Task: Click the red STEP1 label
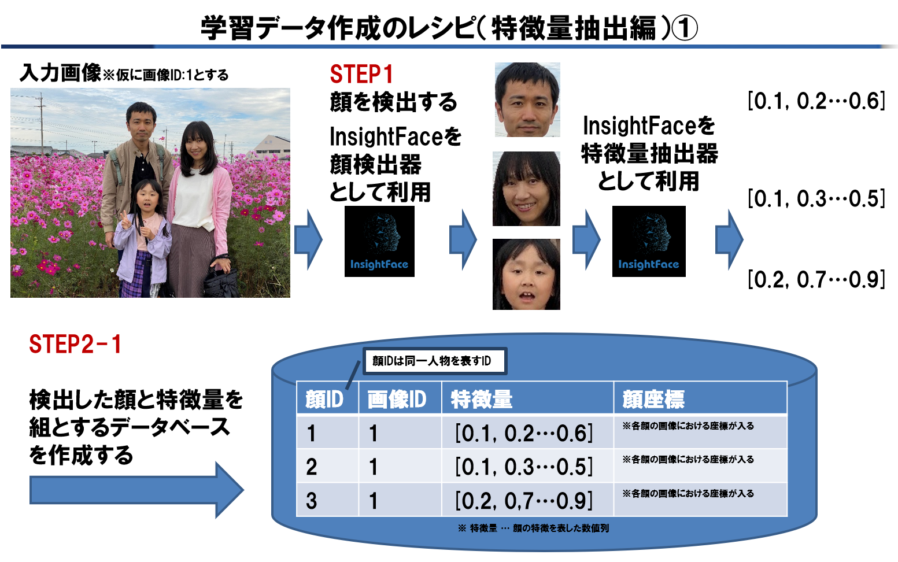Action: point(361,74)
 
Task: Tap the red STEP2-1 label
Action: point(75,344)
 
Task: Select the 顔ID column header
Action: point(324,400)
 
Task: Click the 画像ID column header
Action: point(397,400)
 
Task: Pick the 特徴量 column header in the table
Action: point(482,400)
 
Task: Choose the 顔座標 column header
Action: point(653,400)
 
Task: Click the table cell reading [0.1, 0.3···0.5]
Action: point(524,467)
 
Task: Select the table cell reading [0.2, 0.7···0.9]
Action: point(524,501)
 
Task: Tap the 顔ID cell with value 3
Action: point(312,501)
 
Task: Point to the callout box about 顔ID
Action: point(435,361)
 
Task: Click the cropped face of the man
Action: point(527,99)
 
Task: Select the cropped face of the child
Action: point(526,274)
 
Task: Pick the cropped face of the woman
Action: point(526,188)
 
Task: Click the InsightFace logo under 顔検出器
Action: point(379,241)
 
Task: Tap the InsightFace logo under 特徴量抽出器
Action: point(649,241)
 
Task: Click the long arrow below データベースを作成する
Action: point(136,490)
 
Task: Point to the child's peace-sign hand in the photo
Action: point(126,220)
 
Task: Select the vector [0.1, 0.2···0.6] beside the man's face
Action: point(816,101)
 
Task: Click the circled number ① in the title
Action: point(684,28)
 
